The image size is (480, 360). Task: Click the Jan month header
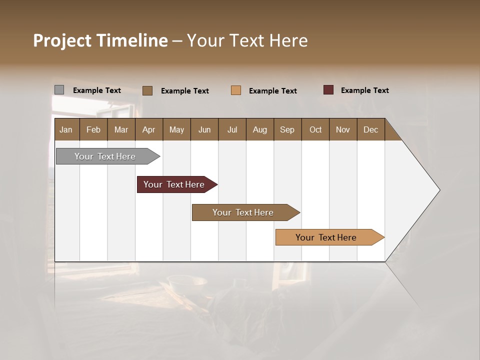[x=66, y=129]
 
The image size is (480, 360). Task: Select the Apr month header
[x=148, y=129]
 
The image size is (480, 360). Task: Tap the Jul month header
[x=232, y=129]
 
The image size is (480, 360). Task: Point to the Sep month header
[x=287, y=129]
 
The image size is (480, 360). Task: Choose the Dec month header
[x=370, y=129]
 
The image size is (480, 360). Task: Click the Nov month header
[x=342, y=129]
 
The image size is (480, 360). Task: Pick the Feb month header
[x=93, y=129]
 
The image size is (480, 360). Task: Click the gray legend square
[x=59, y=90]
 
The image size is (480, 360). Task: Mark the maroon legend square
[x=328, y=90]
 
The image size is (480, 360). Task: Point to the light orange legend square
[x=236, y=90]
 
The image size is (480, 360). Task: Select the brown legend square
[x=147, y=90]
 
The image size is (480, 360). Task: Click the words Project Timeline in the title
[x=100, y=40]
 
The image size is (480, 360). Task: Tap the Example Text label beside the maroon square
[x=364, y=90]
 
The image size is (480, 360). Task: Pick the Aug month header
[x=259, y=129]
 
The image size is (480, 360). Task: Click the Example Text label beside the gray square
[x=96, y=90]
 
